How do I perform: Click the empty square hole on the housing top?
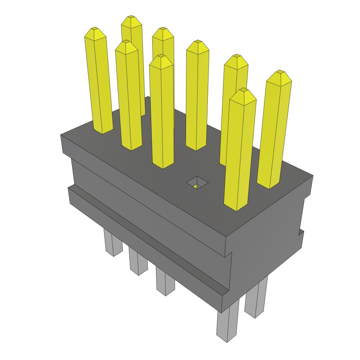(x=197, y=183)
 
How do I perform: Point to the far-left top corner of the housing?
(x=61, y=135)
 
